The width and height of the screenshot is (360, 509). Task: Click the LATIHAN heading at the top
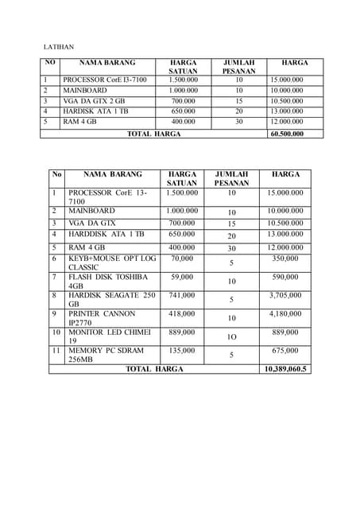pyautogui.click(x=58, y=48)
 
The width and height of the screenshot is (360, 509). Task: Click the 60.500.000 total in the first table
pyautogui.click(x=286, y=134)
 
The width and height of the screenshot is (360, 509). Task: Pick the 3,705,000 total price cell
pyautogui.click(x=285, y=295)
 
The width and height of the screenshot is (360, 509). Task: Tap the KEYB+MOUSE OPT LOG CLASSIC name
pyautogui.click(x=112, y=263)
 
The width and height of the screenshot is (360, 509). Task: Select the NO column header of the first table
pyautogui.click(x=50, y=62)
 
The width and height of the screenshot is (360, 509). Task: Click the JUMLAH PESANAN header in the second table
pyautogui.click(x=231, y=178)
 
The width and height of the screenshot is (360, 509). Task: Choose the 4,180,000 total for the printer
pyautogui.click(x=285, y=313)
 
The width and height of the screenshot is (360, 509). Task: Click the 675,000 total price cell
pyautogui.click(x=285, y=350)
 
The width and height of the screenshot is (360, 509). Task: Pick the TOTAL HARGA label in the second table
pyautogui.click(x=154, y=369)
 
